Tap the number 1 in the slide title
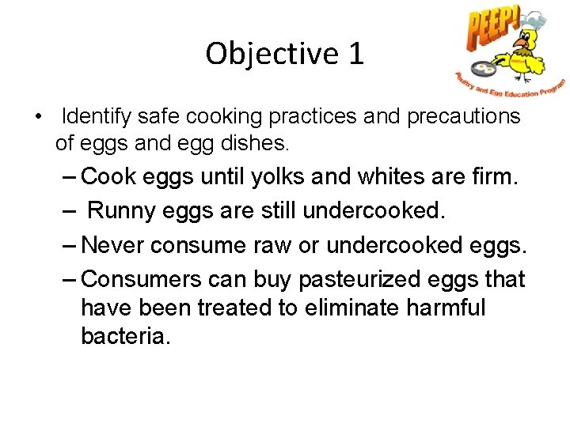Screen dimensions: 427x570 click(x=355, y=54)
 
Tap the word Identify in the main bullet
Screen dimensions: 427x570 click(x=97, y=117)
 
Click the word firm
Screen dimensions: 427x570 click(x=494, y=176)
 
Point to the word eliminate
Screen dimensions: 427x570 click(x=343, y=308)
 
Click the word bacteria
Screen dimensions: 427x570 click(x=125, y=336)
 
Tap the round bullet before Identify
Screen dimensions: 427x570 click(x=38, y=118)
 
